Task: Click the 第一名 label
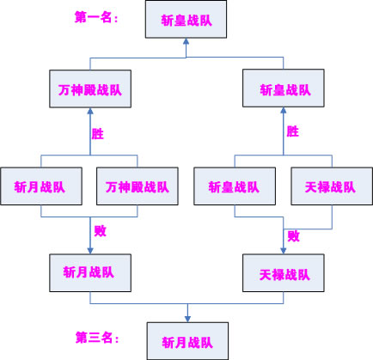[96, 17]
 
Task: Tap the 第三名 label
[97, 338]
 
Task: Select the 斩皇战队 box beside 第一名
[186, 19]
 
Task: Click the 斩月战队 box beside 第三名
[187, 341]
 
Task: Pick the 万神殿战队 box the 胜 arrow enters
[90, 88]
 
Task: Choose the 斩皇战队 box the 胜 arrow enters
[284, 88]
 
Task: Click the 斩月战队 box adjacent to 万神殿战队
[41, 186]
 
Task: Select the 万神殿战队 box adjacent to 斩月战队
[138, 186]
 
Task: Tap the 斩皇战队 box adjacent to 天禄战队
[235, 186]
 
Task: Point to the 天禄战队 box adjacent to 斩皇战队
[332, 186]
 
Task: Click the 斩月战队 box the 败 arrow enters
[90, 273]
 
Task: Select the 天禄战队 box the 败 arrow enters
[284, 273]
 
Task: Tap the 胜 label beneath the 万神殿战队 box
[98, 134]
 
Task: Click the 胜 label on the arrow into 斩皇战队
[293, 131]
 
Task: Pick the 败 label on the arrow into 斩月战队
[101, 230]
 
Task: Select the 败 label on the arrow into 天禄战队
[294, 236]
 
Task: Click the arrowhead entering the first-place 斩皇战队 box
[186, 41]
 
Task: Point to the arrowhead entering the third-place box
[187, 319]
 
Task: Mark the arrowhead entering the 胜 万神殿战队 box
[90, 111]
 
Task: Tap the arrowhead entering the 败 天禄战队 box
[284, 251]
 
